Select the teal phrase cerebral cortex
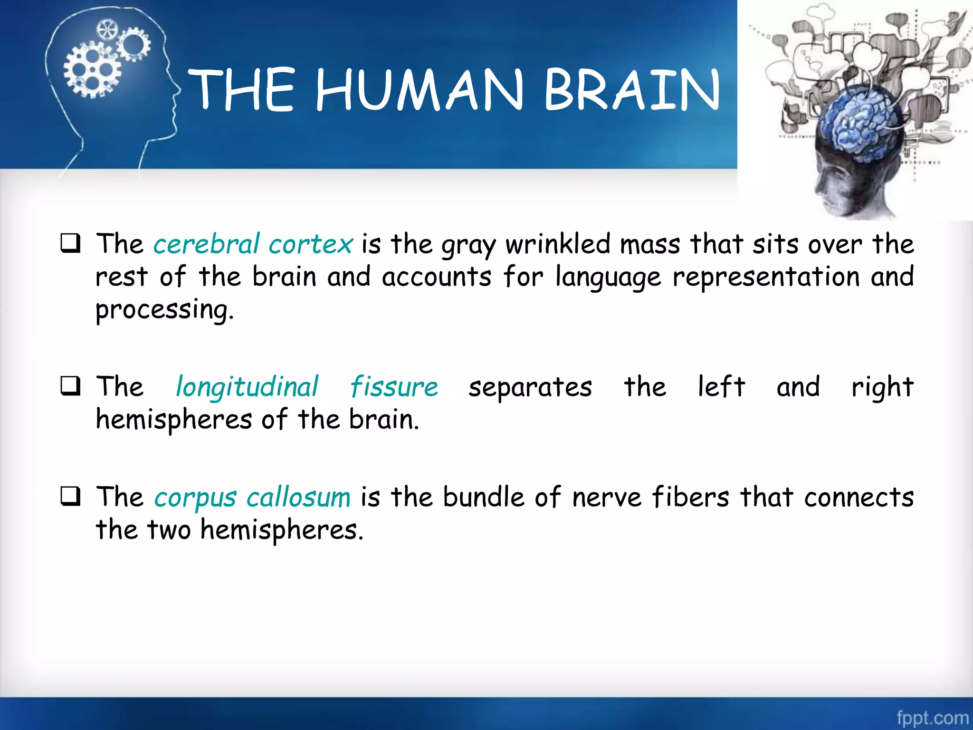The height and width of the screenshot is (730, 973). [x=253, y=244]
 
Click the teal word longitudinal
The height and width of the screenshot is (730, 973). [x=247, y=387]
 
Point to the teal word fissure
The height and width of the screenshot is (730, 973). [x=394, y=387]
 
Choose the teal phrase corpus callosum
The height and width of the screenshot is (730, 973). [x=252, y=498]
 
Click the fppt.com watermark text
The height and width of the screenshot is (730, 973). [x=932, y=717]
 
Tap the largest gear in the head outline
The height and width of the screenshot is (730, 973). [x=92, y=71]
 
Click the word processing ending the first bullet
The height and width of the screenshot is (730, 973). [x=164, y=310]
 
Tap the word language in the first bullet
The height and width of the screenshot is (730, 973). [x=608, y=278]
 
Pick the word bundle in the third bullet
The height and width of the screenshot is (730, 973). [x=484, y=498]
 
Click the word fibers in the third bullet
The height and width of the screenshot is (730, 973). [x=690, y=498]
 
